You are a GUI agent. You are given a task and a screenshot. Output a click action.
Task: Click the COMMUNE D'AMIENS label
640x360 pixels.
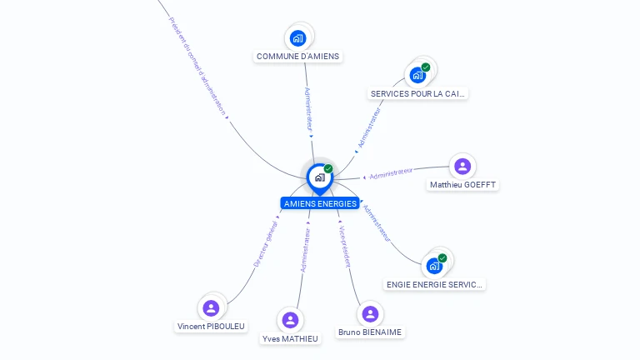298,57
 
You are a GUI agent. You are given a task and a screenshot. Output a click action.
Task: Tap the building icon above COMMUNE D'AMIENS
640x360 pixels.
298,37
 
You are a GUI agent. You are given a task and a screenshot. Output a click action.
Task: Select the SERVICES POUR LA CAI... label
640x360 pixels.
417,93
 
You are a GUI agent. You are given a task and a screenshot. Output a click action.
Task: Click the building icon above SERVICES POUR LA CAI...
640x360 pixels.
417,75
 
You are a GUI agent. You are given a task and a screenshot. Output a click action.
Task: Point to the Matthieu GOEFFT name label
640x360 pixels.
462,184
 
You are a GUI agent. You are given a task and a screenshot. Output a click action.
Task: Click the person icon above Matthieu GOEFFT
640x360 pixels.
462,166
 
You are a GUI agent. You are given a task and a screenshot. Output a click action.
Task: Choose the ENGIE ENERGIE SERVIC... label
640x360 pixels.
434,284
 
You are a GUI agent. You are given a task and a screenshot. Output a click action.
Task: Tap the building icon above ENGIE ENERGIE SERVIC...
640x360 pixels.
434,266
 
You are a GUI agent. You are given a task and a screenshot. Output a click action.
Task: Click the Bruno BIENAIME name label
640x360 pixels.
370,332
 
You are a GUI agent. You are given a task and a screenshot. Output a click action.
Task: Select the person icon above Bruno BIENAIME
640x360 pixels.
370,314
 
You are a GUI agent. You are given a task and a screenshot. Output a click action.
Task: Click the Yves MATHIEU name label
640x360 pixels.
290,338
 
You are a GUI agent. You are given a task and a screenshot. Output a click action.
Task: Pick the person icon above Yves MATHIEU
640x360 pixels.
290,320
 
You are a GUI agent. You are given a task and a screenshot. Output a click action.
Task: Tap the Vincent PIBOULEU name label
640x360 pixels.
211,326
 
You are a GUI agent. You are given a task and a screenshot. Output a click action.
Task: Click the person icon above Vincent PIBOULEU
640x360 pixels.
211,307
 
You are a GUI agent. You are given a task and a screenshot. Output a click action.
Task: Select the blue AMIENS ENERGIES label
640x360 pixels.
320,203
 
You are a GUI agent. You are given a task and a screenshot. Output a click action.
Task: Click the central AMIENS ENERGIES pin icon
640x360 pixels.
319,177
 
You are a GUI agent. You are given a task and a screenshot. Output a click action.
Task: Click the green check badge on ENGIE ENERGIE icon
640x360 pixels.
442,257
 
